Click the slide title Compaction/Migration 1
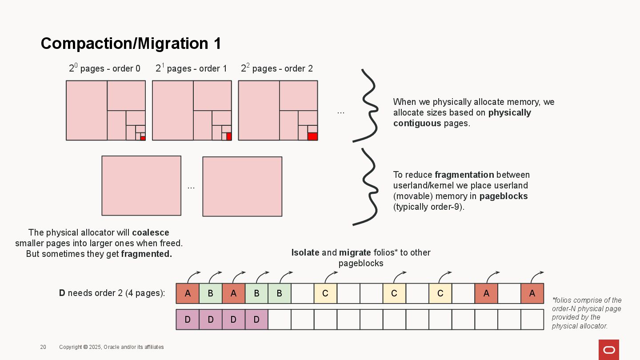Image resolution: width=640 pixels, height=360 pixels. coord(131,44)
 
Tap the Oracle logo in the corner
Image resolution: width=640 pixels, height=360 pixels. coord(608,350)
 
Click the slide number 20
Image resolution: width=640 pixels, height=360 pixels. coord(43,347)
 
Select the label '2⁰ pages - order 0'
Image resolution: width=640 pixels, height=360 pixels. coord(104,68)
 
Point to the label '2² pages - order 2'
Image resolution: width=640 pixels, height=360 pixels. coord(277,68)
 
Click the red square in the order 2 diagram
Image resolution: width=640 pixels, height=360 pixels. coord(312,136)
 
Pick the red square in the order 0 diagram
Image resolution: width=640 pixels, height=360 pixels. coord(143,139)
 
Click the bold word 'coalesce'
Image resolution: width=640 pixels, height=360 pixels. coord(151,233)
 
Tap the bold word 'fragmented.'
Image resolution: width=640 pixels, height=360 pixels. coord(146,254)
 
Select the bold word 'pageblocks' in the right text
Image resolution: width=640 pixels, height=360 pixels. coord(504,196)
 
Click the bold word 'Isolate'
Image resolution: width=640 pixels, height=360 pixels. coord(305,253)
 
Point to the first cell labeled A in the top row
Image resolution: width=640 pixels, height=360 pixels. coord(188,294)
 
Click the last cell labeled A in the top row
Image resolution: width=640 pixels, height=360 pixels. coord(532,294)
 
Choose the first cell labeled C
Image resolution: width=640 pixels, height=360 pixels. coord(325,294)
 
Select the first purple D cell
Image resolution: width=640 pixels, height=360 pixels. coord(188,320)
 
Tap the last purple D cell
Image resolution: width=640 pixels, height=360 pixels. coord(256,320)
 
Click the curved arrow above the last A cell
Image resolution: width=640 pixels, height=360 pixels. coord(537,276)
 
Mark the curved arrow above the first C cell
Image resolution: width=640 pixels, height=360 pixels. coord(331,276)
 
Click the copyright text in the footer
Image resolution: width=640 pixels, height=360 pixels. coord(112,347)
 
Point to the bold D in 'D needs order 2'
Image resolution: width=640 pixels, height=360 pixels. coord(62,293)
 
